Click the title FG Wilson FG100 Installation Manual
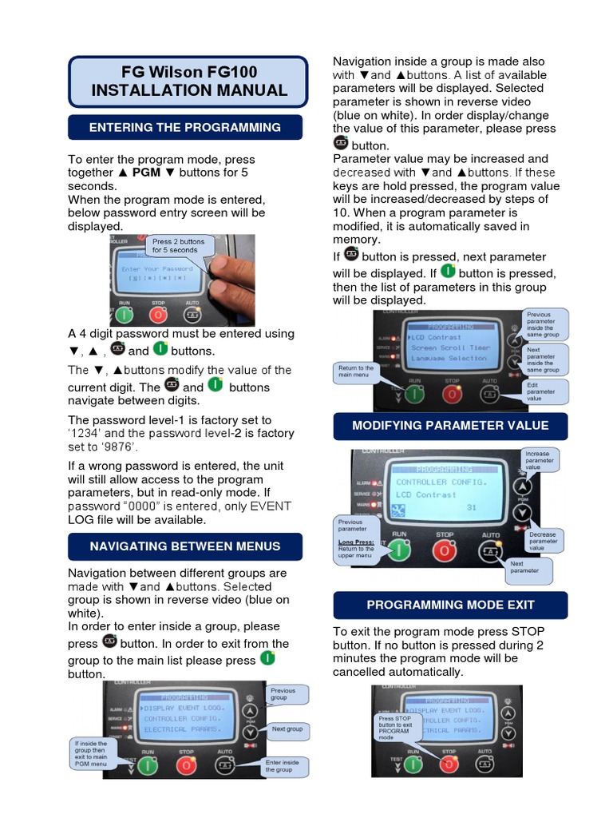click(188, 81)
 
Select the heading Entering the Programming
click(185, 127)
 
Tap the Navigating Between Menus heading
click(185, 546)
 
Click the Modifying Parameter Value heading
click(450, 425)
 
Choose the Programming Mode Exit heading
click(450, 605)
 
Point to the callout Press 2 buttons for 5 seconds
click(179, 245)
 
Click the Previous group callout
click(285, 694)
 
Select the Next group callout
click(287, 729)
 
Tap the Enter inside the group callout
click(283, 766)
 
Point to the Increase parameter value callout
click(540, 459)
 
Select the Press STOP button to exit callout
click(396, 728)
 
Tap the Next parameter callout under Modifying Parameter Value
click(526, 566)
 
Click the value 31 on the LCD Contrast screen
click(472, 508)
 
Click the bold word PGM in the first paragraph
click(146, 173)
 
